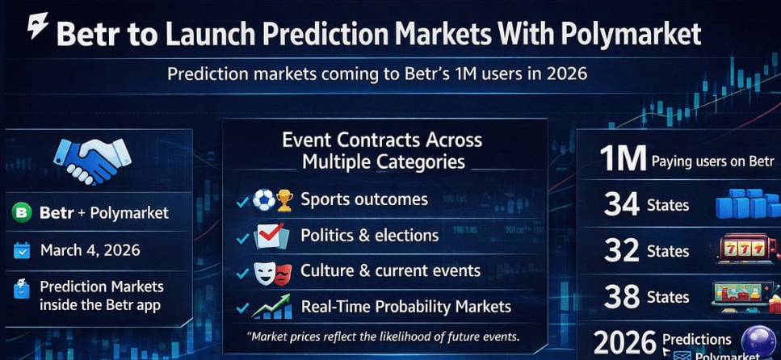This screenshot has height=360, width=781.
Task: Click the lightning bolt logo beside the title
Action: point(38,26)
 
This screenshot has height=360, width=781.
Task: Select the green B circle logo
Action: point(22,212)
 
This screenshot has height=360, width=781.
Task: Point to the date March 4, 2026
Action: point(90,250)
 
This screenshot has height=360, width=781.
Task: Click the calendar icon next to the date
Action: point(22,250)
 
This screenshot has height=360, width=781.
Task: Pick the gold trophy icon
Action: point(284,200)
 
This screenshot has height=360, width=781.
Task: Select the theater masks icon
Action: point(272,272)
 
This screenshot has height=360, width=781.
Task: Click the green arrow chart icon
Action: point(271,306)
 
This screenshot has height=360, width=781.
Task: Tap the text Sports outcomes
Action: point(364,199)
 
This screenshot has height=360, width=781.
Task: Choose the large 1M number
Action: point(623,159)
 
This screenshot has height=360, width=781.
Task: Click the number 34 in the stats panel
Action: point(621,205)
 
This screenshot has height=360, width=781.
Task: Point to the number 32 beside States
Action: point(621,250)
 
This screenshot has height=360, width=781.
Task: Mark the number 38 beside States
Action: point(621,297)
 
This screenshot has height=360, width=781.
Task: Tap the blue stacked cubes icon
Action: point(747,203)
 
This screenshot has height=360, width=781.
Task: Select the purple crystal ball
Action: point(758,341)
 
